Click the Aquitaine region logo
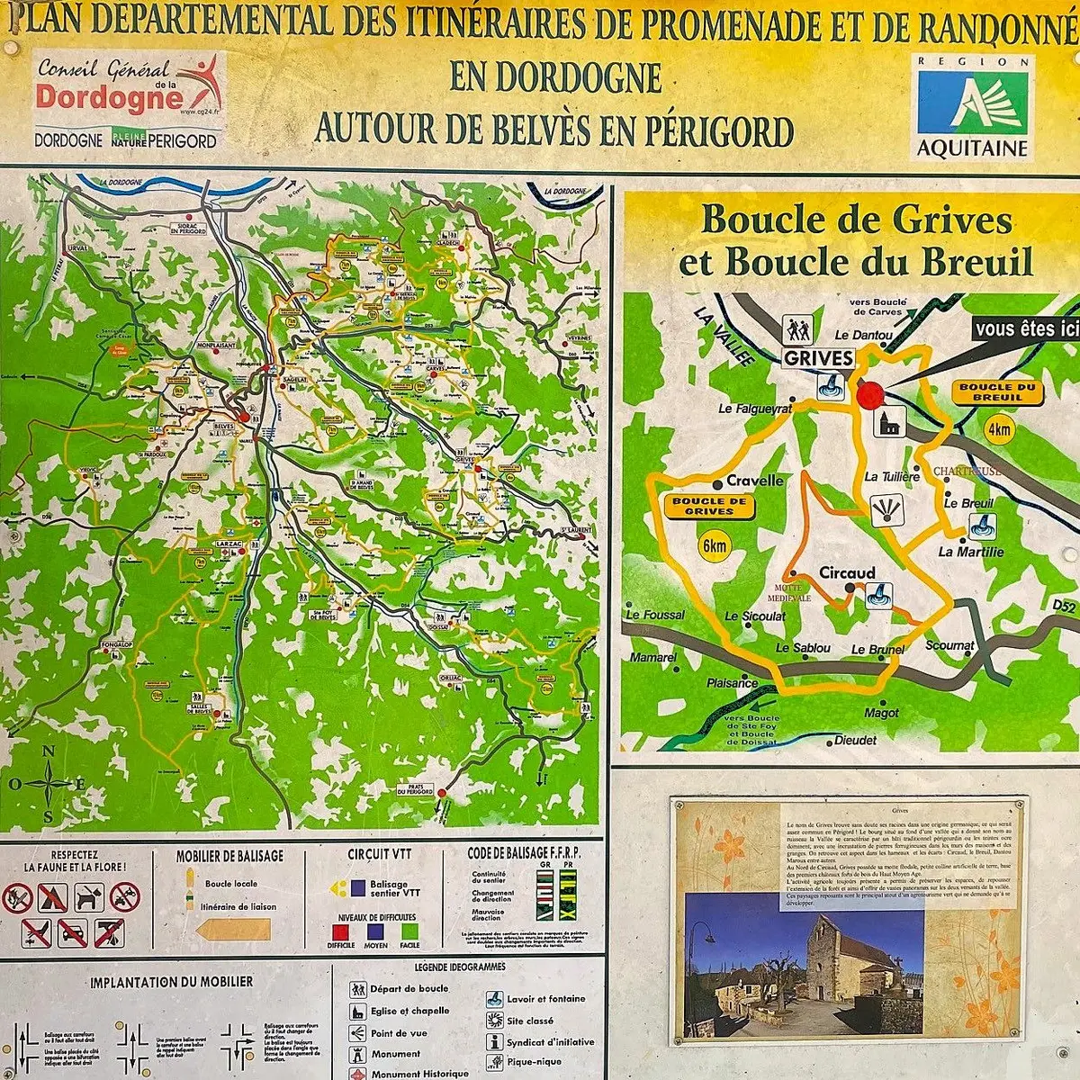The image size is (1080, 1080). click(972, 106)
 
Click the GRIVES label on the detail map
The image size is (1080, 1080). click(817, 358)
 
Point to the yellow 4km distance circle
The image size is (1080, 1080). click(1000, 429)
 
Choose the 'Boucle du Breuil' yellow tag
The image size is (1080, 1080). click(996, 392)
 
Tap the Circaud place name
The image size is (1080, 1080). click(847, 572)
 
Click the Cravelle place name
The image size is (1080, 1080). click(754, 481)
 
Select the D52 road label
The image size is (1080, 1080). click(1064, 609)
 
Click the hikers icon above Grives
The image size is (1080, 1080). click(797, 329)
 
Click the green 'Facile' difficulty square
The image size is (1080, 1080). click(410, 931)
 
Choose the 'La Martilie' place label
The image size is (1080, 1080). click(968, 552)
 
